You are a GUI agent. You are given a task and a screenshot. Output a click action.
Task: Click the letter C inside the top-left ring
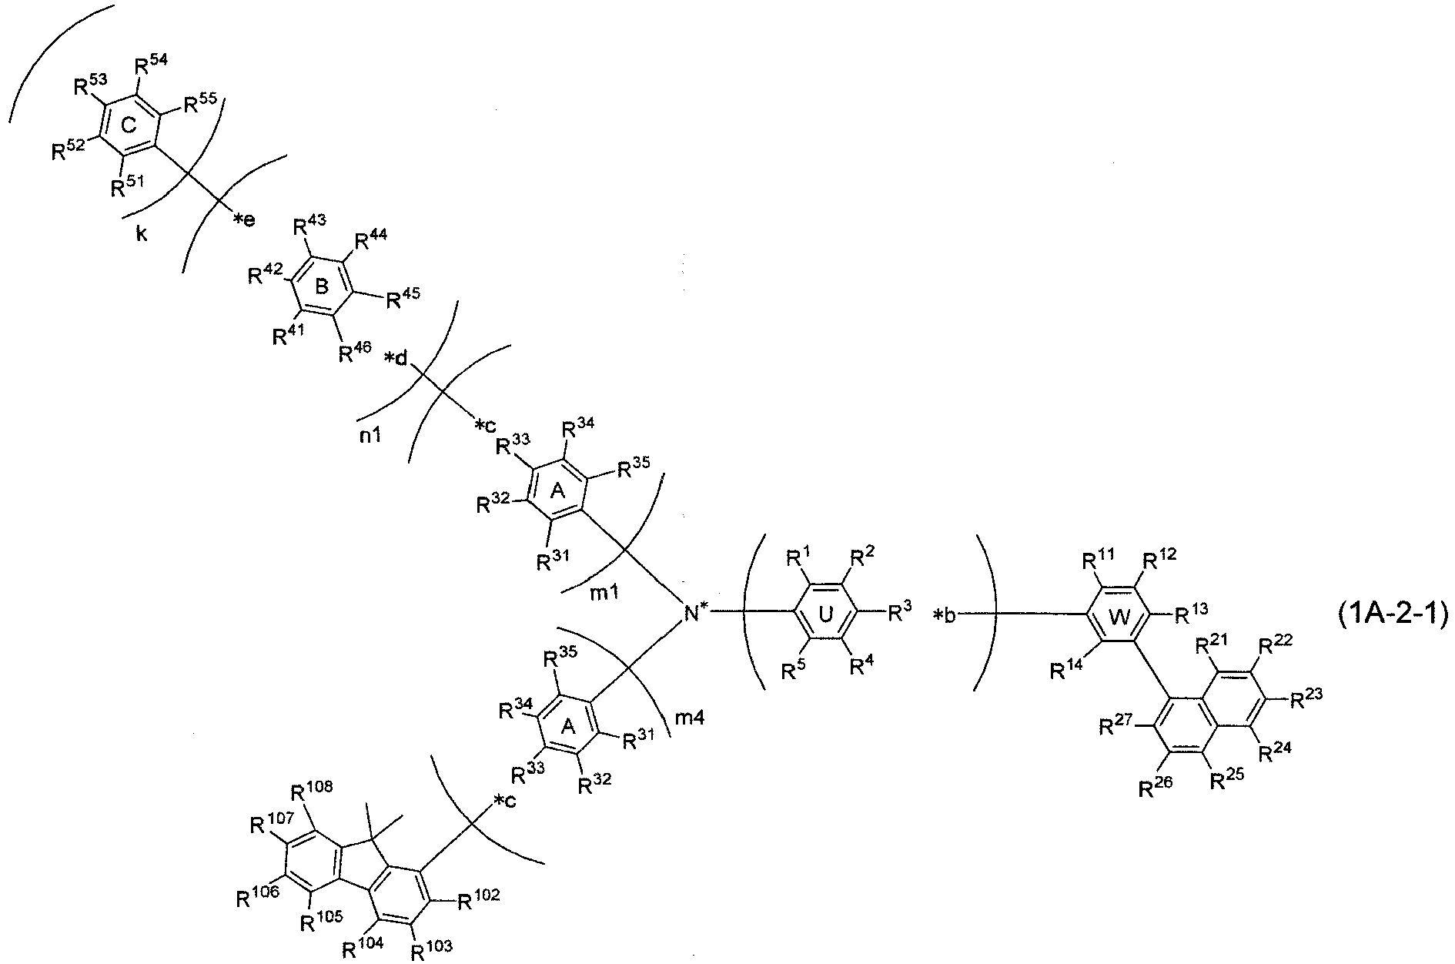[128, 128]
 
